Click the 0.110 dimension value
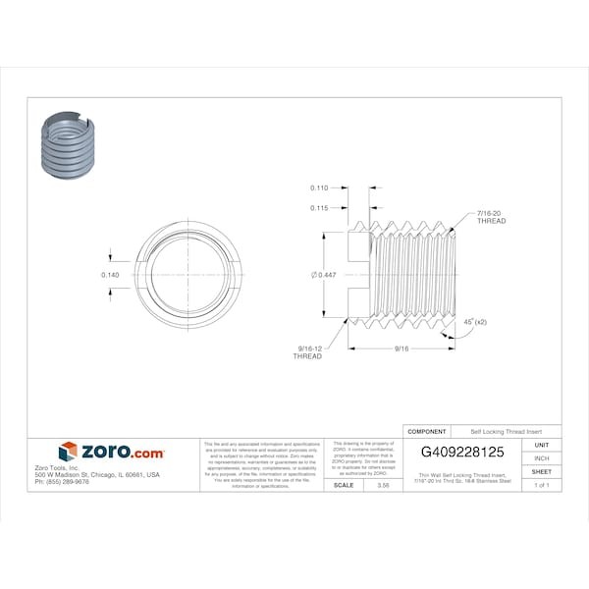(x=318, y=187)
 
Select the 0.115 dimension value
(x=318, y=207)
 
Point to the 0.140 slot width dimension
(x=110, y=275)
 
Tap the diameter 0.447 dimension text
(x=323, y=275)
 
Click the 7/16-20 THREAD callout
(x=491, y=217)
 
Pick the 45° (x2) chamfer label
(x=475, y=321)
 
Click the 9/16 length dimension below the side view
(x=402, y=348)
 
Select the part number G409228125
(x=462, y=453)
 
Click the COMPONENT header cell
(x=427, y=432)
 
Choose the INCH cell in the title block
(x=541, y=458)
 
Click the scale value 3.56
(x=369, y=485)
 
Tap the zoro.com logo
(x=111, y=452)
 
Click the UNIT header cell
(x=541, y=445)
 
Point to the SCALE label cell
(x=344, y=485)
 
